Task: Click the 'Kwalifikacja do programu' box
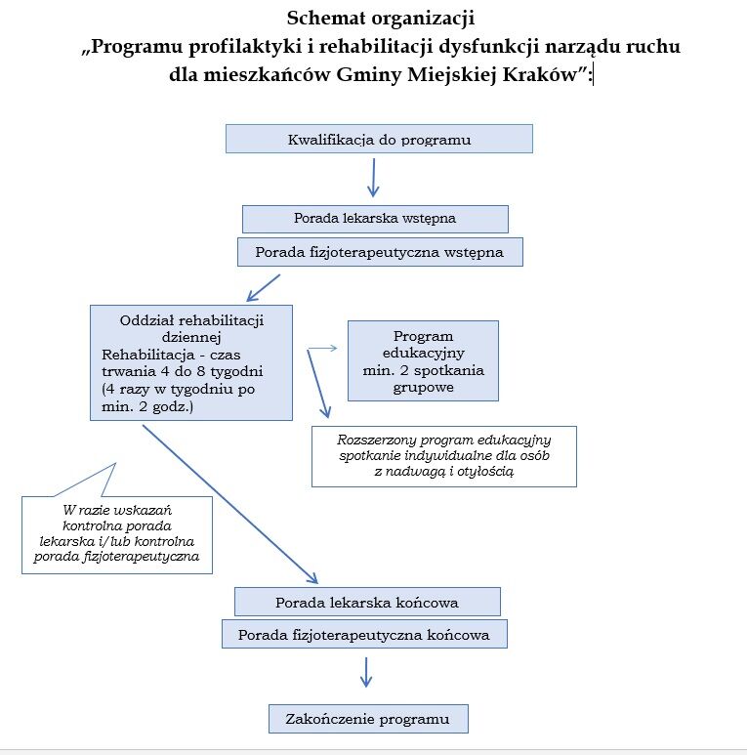click(x=379, y=139)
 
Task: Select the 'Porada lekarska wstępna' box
click(x=375, y=218)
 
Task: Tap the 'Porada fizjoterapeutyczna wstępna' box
click(x=379, y=252)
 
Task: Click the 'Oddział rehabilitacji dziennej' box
click(x=191, y=362)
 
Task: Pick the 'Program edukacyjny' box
click(x=423, y=360)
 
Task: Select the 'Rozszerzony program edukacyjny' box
click(x=443, y=455)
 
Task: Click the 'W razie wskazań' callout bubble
click(x=117, y=533)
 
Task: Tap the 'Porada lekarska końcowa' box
click(x=367, y=601)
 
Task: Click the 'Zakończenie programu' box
click(x=368, y=718)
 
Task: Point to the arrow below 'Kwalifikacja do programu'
click(x=372, y=178)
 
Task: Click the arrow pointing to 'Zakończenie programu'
click(x=366, y=672)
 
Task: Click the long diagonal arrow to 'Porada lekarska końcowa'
click(x=229, y=503)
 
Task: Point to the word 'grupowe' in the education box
click(x=423, y=388)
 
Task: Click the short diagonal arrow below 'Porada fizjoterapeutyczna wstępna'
click(x=264, y=287)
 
